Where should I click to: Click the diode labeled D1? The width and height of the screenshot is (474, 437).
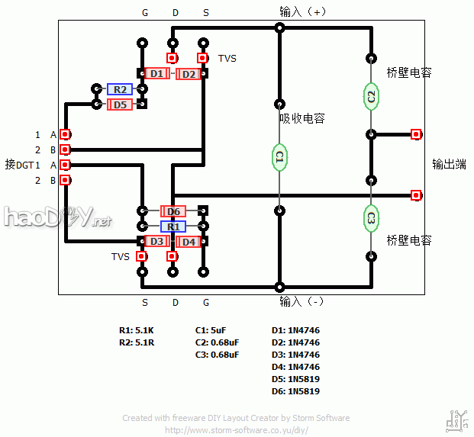156,73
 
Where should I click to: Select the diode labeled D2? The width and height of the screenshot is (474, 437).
189,73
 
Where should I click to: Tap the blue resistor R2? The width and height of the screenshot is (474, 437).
119,89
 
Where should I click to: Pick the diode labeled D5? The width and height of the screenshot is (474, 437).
119,104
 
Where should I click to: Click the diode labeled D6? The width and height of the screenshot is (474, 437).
173,211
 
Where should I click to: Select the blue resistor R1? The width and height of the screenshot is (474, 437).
173,227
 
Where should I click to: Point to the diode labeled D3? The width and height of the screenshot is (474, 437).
156,242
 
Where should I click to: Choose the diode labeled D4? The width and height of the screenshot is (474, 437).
189,242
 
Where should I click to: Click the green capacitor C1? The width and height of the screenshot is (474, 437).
280,157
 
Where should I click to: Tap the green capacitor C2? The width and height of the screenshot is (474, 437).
372,97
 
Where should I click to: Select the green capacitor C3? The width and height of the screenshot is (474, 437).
372,217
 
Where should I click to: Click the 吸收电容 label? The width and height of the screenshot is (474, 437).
302,118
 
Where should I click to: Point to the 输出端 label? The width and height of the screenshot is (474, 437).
449,164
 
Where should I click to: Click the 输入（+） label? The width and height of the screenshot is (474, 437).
302,11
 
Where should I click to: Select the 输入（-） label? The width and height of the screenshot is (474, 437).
302,301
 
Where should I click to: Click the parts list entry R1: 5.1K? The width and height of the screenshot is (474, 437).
137,331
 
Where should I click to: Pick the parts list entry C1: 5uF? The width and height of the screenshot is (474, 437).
211,331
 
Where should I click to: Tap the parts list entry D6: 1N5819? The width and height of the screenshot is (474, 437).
295,391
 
